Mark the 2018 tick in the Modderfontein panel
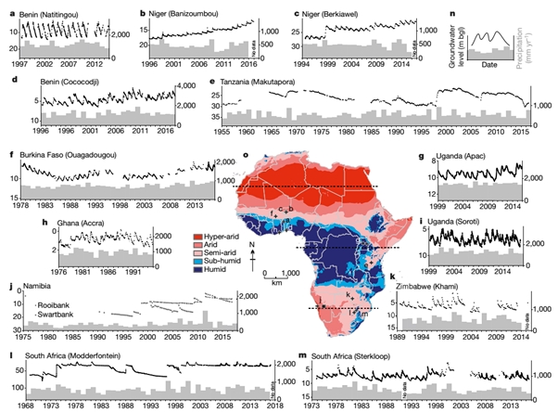click(277, 406)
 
